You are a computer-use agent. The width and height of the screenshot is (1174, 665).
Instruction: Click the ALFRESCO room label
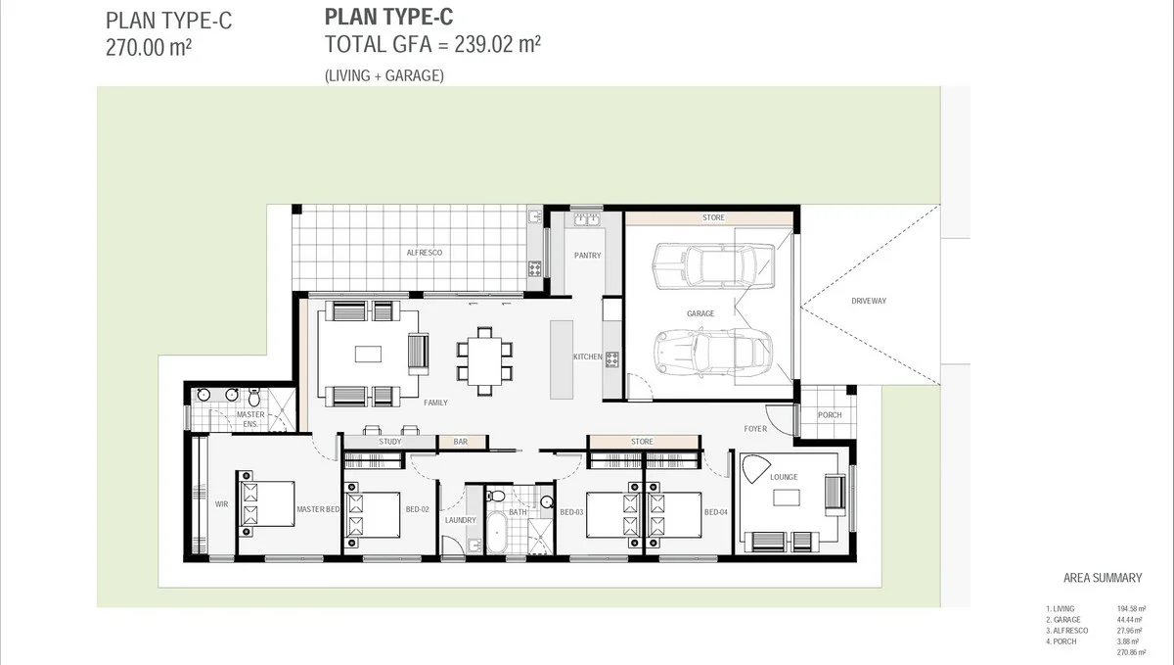coord(425,253)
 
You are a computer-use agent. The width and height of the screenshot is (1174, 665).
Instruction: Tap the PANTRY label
coord(588,256)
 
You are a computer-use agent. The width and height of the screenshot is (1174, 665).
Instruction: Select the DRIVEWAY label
coord(868,301)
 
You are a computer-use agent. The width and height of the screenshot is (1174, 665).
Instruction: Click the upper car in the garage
coord(712,265)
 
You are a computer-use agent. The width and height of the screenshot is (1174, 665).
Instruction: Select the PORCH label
coord(830,415)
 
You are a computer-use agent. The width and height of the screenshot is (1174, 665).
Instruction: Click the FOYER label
coord(755,429)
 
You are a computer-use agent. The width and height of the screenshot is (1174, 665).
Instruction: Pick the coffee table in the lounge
coord(787,499)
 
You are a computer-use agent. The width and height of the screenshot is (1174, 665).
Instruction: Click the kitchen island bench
coord(562,358)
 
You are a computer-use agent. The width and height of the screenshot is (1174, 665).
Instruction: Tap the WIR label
coord(221,504)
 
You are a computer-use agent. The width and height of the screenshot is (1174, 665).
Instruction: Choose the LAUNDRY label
coord(460,520)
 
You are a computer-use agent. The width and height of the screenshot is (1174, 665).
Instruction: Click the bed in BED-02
coord(372,515)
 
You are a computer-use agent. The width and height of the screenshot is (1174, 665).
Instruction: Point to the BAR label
coord(460,442)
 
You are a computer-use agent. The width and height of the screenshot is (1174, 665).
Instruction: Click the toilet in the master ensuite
coord(254,398)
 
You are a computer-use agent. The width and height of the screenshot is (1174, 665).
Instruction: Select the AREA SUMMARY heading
coord(1102,578)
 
